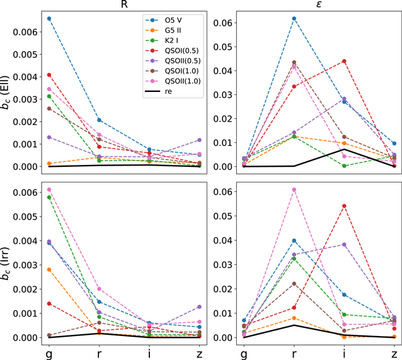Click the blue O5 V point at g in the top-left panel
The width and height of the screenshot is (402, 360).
(x=49, y=18)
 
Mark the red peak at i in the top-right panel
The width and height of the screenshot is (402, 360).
(x=343, y=61)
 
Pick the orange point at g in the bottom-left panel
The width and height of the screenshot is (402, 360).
(x=49, y=269)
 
